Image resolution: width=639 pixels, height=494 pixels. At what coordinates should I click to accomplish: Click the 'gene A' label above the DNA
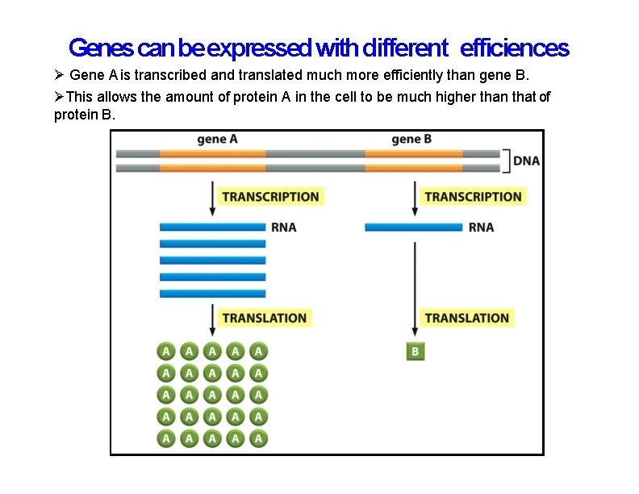coord(217,140)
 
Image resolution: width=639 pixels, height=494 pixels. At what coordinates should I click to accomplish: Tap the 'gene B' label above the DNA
coord(411,140)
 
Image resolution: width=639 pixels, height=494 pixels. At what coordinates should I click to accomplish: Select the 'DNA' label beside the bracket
coord(526,161)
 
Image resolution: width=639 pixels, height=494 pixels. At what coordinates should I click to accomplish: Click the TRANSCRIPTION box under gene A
coord(270,197)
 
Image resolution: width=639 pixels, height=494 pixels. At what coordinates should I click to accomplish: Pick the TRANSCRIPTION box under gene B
coord(473,197)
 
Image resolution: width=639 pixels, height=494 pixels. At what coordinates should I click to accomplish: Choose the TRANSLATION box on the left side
coord(264,318)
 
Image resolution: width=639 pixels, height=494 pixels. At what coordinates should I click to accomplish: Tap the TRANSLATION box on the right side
coord(466,318)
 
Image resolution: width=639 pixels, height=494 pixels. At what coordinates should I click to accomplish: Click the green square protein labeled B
coord(415,352)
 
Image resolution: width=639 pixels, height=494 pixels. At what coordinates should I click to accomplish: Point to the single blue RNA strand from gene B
coord(413,228)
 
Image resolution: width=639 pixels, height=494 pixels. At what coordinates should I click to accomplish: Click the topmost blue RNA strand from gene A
coord(212,228)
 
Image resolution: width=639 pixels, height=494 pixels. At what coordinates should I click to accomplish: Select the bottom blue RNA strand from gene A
coord(212,294)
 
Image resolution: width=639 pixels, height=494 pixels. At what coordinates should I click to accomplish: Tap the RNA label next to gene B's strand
coord(481,228)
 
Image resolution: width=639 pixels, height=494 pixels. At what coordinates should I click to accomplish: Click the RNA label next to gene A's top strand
coord(283,228)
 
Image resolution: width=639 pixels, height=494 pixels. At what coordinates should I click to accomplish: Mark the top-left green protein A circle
coord(165,351)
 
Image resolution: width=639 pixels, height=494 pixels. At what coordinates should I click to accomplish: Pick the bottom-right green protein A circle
coord(258,438)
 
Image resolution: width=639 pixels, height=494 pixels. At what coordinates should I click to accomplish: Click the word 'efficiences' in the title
coord(515,48)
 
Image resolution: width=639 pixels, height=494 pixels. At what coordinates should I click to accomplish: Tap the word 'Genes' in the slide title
coord(101,48)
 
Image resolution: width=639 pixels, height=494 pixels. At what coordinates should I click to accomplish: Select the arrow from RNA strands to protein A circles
coord(213,320)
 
